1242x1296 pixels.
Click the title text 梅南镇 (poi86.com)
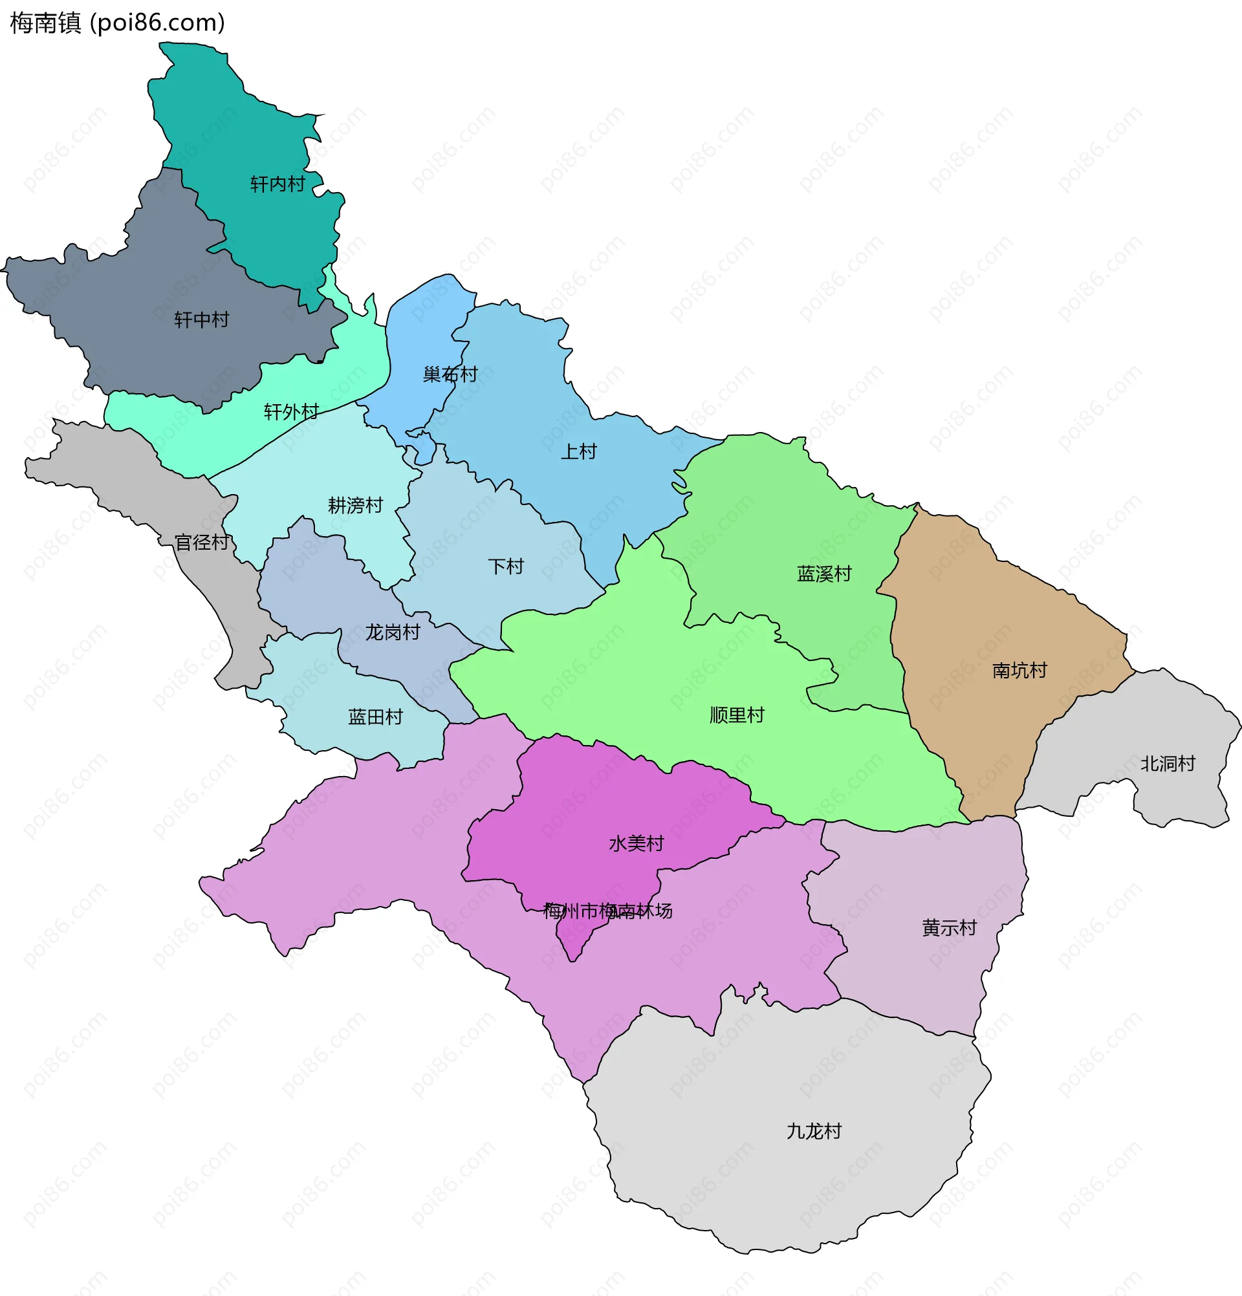(x=117, y=23)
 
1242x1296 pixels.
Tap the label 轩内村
(x=277, y=184)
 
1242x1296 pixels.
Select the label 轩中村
(x=201, y=320)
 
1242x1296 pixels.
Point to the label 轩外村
(x=291, y=412)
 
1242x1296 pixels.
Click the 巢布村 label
(x=450, y=374)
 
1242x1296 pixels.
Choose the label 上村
(x=579, y=451)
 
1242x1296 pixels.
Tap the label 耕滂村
(x=355, y=505)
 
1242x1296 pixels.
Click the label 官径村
(x=202, y=542)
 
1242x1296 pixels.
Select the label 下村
(x=506, y=566)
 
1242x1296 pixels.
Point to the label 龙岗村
(x=392, y=632)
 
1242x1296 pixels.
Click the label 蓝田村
(x=375, y=717)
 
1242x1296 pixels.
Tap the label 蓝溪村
(x=824, y=573)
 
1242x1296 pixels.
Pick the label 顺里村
(x=737, y=715)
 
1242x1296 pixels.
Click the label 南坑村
(x=1019, y=671)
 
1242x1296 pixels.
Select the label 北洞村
(x=1167, y=764)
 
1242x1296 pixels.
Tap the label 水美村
(x=637, y=843)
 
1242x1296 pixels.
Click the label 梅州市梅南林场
(x=607, y=911)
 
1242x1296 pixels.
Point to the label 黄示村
(x=949, y=927)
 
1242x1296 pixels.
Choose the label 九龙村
(x=814, y=1131)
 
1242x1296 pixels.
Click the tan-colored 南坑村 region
(x=979, y=609)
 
